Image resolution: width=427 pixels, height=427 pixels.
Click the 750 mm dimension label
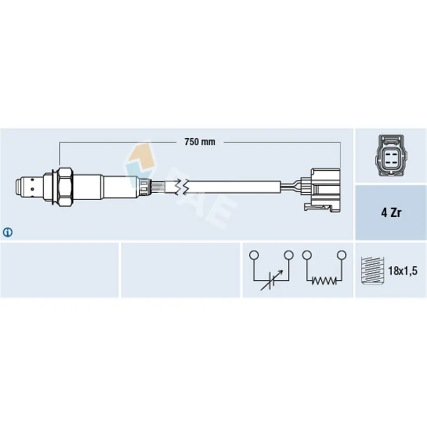(200, 142)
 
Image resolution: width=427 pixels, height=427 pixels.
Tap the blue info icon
(7, 232)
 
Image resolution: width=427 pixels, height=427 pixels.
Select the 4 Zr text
(391, 212)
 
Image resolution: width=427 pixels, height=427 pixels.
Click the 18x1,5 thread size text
(402, 271)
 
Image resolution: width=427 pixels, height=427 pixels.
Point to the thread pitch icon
(372, 271)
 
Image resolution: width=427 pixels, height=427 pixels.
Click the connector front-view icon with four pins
(391, 155)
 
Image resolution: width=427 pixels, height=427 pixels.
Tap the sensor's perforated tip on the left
(28, 188)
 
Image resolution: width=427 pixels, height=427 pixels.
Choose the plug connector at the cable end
(322, 189)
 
